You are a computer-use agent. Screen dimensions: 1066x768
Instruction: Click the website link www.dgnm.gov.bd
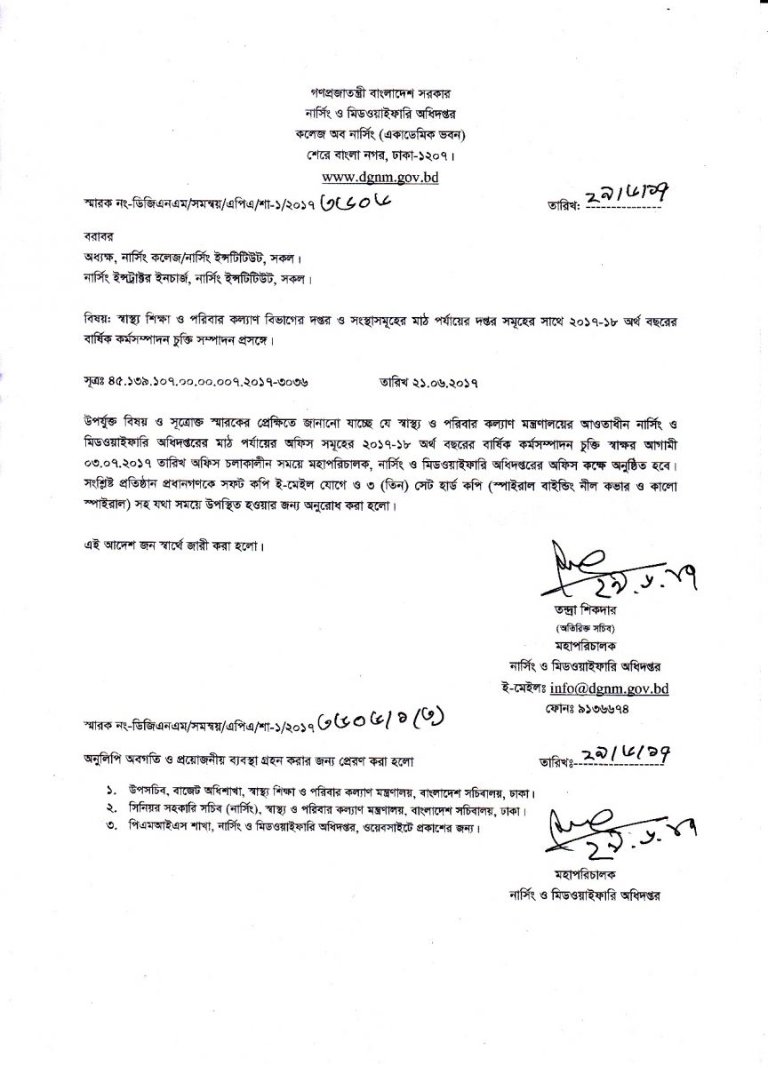pyautogui.click(x=383, y=176)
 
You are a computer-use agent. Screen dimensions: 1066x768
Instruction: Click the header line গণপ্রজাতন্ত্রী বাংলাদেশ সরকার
pyautogui.click(x=383, y=92)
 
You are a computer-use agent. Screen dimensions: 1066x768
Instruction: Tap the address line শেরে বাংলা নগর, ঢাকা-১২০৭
pyautogui.click(x=383, y=156)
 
